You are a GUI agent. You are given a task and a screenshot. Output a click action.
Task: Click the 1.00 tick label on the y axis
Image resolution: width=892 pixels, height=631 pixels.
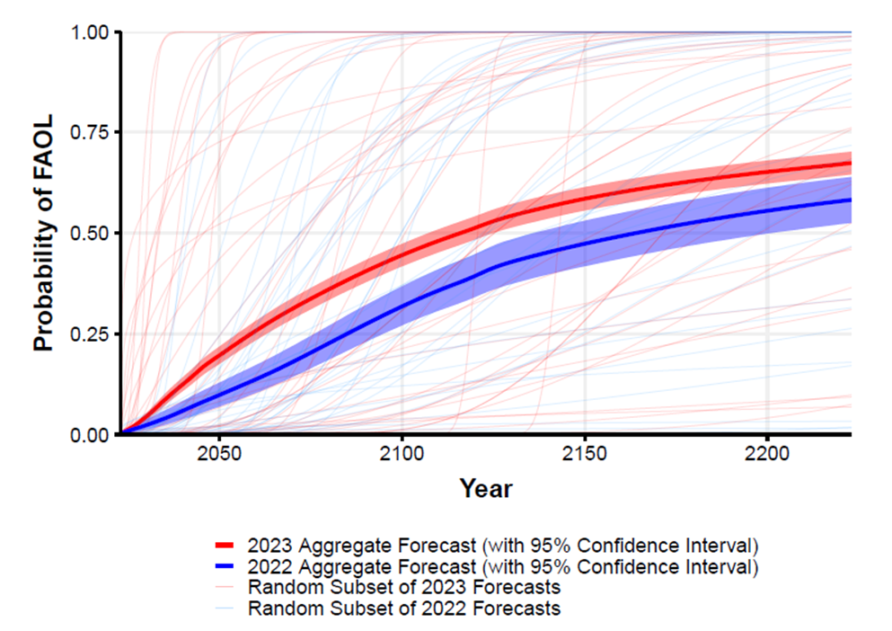tap(91, 32)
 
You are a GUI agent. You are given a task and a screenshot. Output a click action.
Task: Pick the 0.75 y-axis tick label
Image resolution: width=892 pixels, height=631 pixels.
tap(91, 133)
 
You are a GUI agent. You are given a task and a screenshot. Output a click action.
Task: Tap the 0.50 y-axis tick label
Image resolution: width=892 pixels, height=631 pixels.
tap(91, 234)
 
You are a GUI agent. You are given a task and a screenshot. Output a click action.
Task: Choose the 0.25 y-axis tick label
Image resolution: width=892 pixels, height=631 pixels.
tap(91, 334)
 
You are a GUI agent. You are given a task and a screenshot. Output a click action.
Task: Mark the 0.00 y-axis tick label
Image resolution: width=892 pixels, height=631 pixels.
tap(91, 435)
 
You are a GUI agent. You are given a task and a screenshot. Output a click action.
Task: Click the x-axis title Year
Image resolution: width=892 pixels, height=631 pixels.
tap(486, 489)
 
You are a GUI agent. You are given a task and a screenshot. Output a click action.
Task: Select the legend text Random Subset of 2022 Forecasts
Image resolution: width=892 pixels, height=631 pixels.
tap(404, 609)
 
